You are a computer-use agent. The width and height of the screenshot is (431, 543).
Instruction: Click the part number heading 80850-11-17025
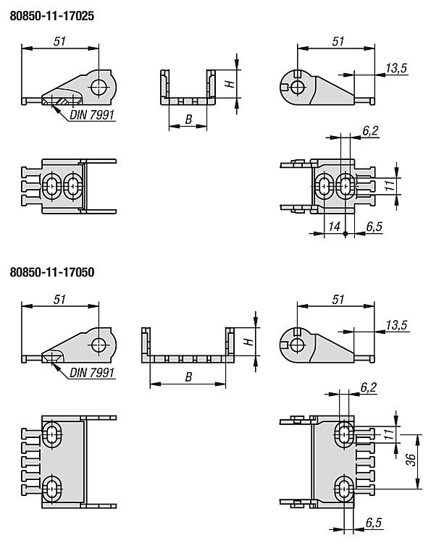(52, 16)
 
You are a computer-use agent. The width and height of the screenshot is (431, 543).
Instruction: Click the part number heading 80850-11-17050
(52, 272)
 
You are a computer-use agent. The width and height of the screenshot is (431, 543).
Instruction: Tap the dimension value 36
(411, 460)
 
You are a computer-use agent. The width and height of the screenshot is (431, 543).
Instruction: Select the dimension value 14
(334, 227)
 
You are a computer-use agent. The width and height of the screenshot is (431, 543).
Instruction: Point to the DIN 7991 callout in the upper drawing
(92, 115)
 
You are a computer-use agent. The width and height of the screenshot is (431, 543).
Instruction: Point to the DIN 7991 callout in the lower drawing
(92, 373)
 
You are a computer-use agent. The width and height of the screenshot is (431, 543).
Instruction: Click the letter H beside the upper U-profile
(230, 84)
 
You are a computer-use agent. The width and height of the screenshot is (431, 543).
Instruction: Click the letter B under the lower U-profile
(188, 377)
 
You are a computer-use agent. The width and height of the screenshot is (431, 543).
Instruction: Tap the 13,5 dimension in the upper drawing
(396, 68)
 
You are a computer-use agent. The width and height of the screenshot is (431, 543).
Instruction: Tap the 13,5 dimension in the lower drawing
(396, 325)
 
